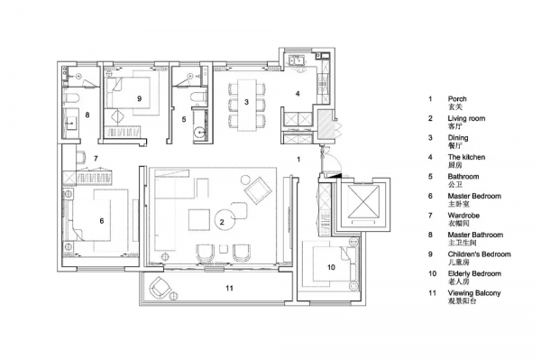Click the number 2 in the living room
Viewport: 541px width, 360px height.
222,222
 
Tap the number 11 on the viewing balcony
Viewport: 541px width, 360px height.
229,288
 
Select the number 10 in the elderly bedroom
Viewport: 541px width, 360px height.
331,267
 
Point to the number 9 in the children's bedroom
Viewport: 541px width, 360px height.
140,98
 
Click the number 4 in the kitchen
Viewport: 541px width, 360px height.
298,93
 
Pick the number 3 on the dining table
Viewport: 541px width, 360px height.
246,102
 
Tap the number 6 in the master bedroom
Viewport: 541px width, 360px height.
101,220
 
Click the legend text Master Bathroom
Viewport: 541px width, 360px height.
475,235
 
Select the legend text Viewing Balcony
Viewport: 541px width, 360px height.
474,293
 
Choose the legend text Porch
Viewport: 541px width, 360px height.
457,99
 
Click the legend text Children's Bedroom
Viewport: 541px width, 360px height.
480,254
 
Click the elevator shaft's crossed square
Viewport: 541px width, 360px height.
363,202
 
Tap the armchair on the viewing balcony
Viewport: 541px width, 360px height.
159,287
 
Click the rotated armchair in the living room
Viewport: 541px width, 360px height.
258,190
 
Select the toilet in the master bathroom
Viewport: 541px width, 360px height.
71,98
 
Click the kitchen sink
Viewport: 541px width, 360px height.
297,60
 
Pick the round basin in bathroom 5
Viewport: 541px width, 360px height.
199,133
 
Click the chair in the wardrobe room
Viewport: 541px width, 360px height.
81,157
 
